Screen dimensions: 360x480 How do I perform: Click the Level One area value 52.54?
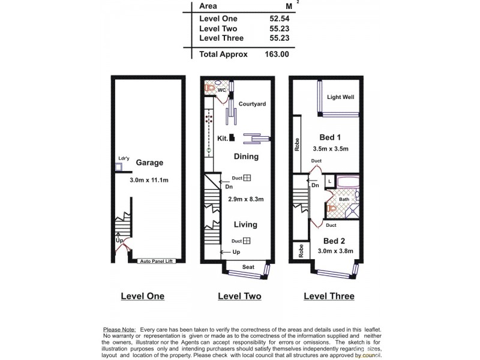pyautogui.click(x=280, y=19)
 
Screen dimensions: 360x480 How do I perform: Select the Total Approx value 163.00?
pyautogui.click(x=277, y=53)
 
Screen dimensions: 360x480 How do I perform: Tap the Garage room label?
pyautogui.click(x=149, y=163)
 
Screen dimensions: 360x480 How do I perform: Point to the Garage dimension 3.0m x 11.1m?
pyautogui.click(x=149, y=180)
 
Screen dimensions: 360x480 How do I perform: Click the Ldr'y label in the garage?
pyautogui.click(x=124, y=159)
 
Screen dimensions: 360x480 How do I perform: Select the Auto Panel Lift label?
pyautogui.click(x=157, y=262)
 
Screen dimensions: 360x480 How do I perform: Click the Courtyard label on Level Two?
pyautogui.click(x=252, y=104)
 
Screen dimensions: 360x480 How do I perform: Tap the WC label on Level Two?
pyautogui.click(x=221, y=90)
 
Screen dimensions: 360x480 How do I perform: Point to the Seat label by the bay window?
pyautogui.click(x=248, y=266)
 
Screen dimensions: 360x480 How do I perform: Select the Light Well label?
pyautogui.click(x=341, y=97)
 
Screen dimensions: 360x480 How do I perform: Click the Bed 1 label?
pyautogui.click(x=331, y=137)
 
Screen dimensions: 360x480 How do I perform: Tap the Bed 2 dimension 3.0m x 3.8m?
pyautogui.click(x=335, y=251)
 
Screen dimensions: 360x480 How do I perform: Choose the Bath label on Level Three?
pyautogui.click(x=344, y=199)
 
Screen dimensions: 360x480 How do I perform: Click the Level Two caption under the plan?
pyautogui.click(x=239, y=296)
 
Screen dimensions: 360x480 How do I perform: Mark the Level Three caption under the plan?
pyautogui.click(x=329, y=296)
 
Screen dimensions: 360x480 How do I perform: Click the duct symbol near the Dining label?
pyautogui.click(x=247, y=178)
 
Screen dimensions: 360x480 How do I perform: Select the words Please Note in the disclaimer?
pyautogui.click(x=120, y=330)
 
